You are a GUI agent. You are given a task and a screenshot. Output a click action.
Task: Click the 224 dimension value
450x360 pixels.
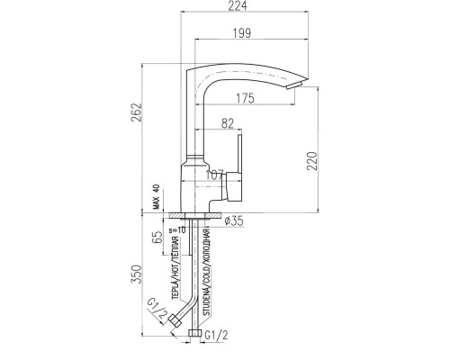click(x=238, y=6)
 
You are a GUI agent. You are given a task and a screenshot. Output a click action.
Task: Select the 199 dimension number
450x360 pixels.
click(x=242, y=32)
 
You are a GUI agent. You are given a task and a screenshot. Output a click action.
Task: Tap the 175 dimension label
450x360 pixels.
click(x=245, y=98)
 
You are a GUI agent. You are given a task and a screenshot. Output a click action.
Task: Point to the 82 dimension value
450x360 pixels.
click(x=228, y=123)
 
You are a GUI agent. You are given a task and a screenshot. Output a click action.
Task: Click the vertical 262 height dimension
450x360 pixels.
click(x=136, y=112)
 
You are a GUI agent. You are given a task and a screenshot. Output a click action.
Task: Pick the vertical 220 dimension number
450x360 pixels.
click(x=311, y=161)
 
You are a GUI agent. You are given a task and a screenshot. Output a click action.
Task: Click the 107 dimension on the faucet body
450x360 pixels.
click(x=215, y=175)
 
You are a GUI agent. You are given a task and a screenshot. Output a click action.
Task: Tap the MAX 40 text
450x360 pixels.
click(x=156, y=197)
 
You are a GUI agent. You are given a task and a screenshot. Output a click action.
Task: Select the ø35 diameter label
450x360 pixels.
click(x=234, y=221)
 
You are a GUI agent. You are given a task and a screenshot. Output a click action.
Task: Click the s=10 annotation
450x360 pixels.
click(x=177, y=229)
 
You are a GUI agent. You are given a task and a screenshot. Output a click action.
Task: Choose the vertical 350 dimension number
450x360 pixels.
click(x=136, y=274)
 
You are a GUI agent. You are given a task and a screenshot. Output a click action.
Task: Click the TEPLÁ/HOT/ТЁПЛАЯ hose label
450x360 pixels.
click(x=175, y=268)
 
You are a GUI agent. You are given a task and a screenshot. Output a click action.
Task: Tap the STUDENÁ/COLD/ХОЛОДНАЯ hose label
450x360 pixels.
click(x=207, y=272)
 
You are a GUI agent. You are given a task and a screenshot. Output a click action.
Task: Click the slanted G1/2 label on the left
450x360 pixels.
click(x=157, y=310)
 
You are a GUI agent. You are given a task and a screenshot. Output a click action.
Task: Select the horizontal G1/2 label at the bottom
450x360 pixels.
click(x=216, y=336)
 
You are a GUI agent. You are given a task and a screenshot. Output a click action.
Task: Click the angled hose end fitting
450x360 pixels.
click(x=175, y=320)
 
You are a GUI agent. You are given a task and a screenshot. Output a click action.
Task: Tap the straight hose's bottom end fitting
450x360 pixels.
click(x=194, y=333)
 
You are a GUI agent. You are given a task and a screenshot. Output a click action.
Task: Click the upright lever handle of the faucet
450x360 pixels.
click(x=239, y=154)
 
